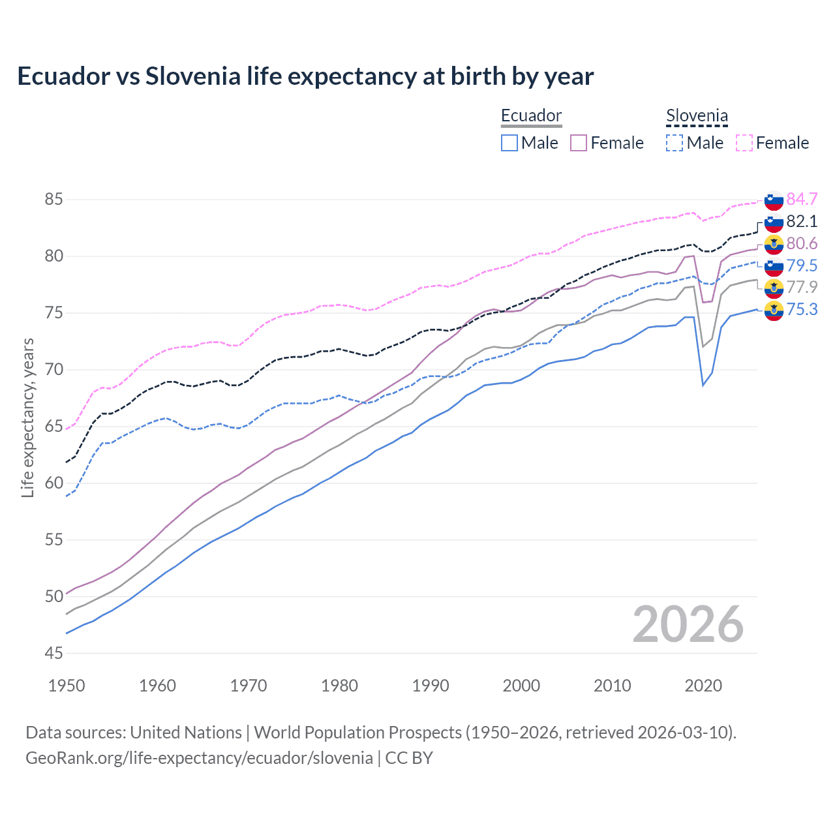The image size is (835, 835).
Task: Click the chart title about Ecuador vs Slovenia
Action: [305, 76]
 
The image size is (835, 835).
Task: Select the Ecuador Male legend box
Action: [509, 143]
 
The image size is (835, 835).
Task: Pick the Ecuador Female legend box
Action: [579, 143]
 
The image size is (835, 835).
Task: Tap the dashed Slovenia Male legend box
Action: [675, 143]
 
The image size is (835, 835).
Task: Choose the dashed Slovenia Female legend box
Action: [744, 143]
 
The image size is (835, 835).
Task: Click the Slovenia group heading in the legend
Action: [697, 116]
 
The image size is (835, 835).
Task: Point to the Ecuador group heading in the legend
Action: [531, 116]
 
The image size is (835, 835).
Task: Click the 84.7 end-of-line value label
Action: [802, 199]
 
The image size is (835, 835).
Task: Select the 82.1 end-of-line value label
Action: [802, 221]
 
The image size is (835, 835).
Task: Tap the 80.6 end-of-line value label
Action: [802, 243]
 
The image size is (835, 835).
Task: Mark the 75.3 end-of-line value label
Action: [802, 309]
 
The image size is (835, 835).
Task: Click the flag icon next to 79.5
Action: [774, 266]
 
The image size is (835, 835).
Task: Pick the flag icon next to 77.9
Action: [774, 288]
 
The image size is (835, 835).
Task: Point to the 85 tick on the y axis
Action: [54, 199]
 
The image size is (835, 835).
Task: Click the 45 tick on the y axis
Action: [54, 653]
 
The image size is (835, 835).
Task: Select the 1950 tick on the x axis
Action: [67, 686]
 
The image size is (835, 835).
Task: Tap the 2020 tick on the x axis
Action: [703, 686]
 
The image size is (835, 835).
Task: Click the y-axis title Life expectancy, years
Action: [28, 417]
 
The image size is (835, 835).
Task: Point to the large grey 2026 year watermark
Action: [688, 624]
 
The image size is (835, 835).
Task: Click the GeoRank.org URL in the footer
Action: [199, 758]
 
